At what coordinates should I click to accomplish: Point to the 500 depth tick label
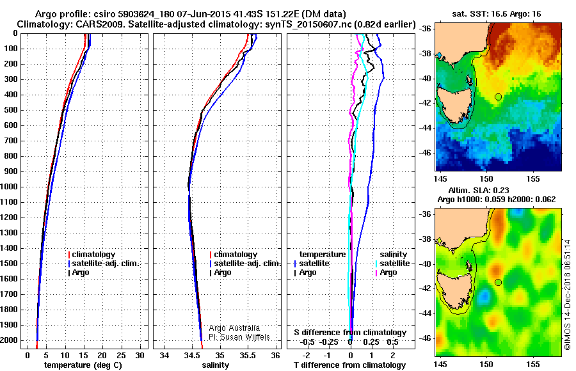coord(12,110)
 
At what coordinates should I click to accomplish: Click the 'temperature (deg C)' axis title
coord(83,365)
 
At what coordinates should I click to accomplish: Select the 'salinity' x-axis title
coord(215,365)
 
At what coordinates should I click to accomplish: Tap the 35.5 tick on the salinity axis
coord(247,355)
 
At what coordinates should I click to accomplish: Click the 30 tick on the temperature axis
coord(140,355)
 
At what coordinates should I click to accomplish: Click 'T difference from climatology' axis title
coord(349,365)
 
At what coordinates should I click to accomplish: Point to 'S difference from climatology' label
coord(350,333)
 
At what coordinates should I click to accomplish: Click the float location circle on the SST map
coord(498,97)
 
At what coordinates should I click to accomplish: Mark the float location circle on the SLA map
coord(498,283)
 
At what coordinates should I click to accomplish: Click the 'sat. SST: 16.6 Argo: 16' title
coord(496,14)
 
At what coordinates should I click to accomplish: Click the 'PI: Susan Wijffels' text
coord(239,337)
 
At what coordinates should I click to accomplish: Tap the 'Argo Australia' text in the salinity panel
coord(234,328)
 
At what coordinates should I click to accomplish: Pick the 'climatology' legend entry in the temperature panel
coord(92,255)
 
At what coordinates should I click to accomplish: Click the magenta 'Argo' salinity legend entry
coord(386,272)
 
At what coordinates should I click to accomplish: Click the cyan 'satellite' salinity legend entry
coord(392,264)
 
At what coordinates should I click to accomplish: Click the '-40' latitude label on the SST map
coord(426,79)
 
